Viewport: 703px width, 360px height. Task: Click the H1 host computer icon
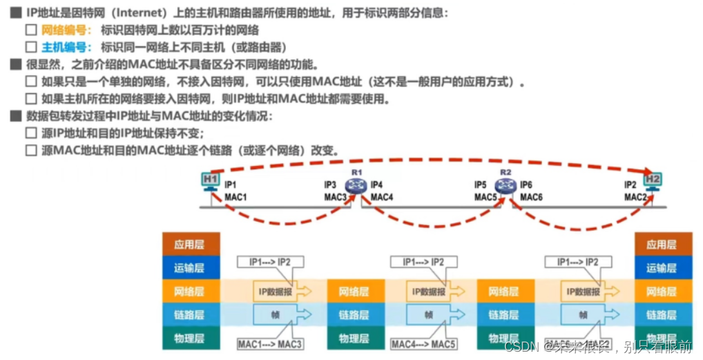click(211, 180)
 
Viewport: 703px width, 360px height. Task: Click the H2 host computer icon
click(652, 180)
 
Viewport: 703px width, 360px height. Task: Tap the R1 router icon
click(357, 184)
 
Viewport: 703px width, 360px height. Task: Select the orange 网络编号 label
click(66, 30)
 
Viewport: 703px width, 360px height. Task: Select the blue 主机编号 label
click(66, 47)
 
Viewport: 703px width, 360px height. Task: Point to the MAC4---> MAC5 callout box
click(423, 343)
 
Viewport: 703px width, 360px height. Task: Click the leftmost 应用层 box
click(191, 244)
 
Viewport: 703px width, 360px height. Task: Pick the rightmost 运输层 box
click(663, 267)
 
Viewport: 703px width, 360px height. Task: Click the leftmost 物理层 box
click(191, 338)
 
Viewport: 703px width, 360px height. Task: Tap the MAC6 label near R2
click(531, 197)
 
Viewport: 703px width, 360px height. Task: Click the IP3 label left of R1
click(330, 185)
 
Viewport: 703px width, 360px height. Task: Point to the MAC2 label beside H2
click(635, 197)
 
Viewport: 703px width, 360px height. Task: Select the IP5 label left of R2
click(481, 185)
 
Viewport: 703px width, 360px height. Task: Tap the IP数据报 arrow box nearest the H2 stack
click(588, 291)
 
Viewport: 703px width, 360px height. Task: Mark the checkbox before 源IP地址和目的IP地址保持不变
click(30, 133)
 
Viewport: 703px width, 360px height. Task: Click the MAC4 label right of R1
click(382, 197)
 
